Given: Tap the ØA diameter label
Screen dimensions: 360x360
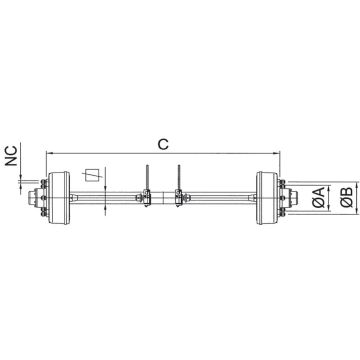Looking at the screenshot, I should point(316,197).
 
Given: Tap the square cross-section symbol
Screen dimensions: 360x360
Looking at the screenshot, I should point(93,174).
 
